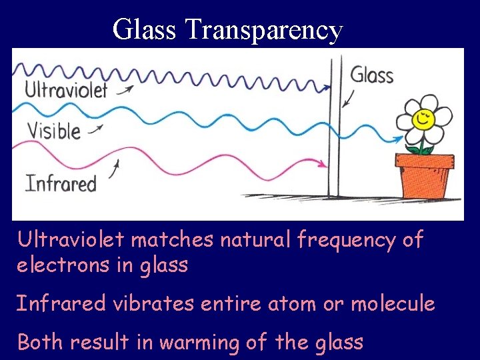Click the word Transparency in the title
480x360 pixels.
(263, 31)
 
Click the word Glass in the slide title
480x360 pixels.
(145, 29)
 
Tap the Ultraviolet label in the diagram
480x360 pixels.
(66, 90)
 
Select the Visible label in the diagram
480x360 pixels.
(53, 130)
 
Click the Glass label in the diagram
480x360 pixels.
(372, 74)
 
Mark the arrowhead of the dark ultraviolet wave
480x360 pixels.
(327, 87)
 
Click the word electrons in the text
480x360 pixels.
(59, 265)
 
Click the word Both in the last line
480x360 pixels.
(40, 342)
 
